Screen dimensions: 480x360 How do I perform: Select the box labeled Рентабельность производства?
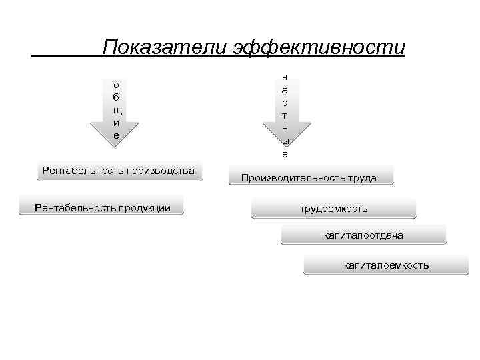click(119, 171)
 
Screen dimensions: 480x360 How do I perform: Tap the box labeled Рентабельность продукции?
click(102, 208)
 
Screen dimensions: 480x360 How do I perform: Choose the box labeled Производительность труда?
click(309, 178)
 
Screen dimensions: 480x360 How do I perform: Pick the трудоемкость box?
click(333, 209)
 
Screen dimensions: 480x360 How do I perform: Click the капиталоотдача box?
click(363, 235)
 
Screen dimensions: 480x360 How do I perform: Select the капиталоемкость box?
click(386, 265)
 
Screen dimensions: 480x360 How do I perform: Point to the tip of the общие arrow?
click(117, 141)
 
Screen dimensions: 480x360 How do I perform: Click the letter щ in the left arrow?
click(117, 110)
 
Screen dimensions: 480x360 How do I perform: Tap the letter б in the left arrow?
click(117, 97)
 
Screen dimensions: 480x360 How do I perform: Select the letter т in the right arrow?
click(285, 115)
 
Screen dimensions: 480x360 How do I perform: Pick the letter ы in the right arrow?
click(285, 141)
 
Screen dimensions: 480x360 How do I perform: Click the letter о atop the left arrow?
click(117, 85)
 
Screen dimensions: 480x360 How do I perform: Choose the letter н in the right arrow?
click(285, 128)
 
